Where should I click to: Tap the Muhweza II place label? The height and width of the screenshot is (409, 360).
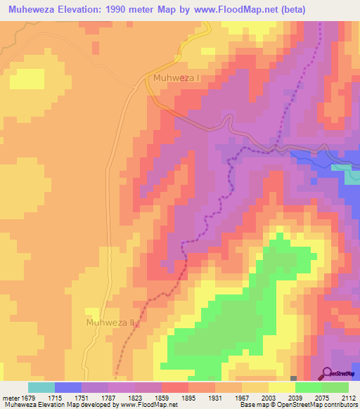pyautogui.click(x=109, y=323)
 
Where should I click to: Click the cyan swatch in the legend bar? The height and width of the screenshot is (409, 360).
pyautogui.click(x=41, y=387)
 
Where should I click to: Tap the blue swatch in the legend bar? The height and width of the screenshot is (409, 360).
pyautogui.click(x=68, y=387)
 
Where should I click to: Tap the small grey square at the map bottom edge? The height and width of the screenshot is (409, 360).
pyautogui.click(x=293, y=379)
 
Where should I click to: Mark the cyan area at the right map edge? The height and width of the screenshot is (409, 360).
pyautogui.click(x=352, y=176)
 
